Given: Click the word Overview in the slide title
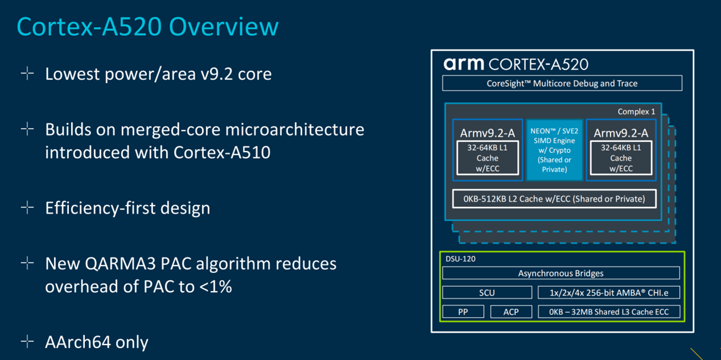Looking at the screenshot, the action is click(224, 26).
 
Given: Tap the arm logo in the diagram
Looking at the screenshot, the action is click(464, 64).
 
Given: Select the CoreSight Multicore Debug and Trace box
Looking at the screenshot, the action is click(562, 83).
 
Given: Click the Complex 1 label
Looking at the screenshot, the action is click(636, 112).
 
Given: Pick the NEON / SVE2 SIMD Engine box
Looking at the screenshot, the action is click(554, 150).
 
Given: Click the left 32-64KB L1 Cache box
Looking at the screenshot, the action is click(488, 158).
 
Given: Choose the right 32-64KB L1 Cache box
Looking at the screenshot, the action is click(621, 158).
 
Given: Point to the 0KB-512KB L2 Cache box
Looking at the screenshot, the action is click(554, 199).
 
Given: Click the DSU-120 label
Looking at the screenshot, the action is click(460, 259).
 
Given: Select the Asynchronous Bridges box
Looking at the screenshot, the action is click(561, 273).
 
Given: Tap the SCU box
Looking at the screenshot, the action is click(487, 292).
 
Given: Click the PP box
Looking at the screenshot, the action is click(463, 312).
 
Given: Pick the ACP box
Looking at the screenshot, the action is click(511, 312).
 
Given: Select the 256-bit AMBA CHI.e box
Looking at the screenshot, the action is click(609, 292).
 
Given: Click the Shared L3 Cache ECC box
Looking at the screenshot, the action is click(609, 312).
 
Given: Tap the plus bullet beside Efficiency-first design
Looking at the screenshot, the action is click(27, 207).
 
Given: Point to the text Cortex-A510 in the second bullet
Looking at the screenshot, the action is click(222, 152).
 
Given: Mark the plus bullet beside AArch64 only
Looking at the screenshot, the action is click(27, 341).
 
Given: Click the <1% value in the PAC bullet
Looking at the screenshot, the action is click(215, 287).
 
